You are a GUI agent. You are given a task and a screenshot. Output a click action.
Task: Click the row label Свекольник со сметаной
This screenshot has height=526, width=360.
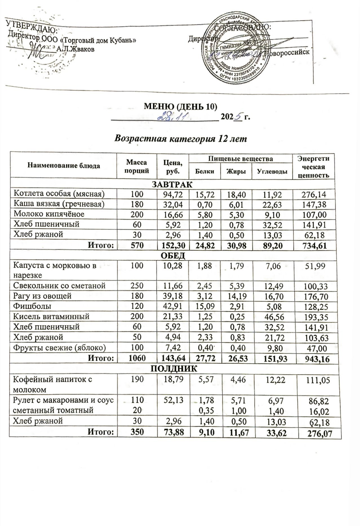tap(59, 286)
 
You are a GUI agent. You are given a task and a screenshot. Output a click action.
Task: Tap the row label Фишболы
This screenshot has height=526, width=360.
tap(32, 306)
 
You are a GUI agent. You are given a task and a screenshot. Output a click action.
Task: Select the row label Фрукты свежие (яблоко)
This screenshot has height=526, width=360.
tap(60, 348)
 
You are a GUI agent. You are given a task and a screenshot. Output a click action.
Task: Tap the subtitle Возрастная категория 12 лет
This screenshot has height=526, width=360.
tap(181, 139)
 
